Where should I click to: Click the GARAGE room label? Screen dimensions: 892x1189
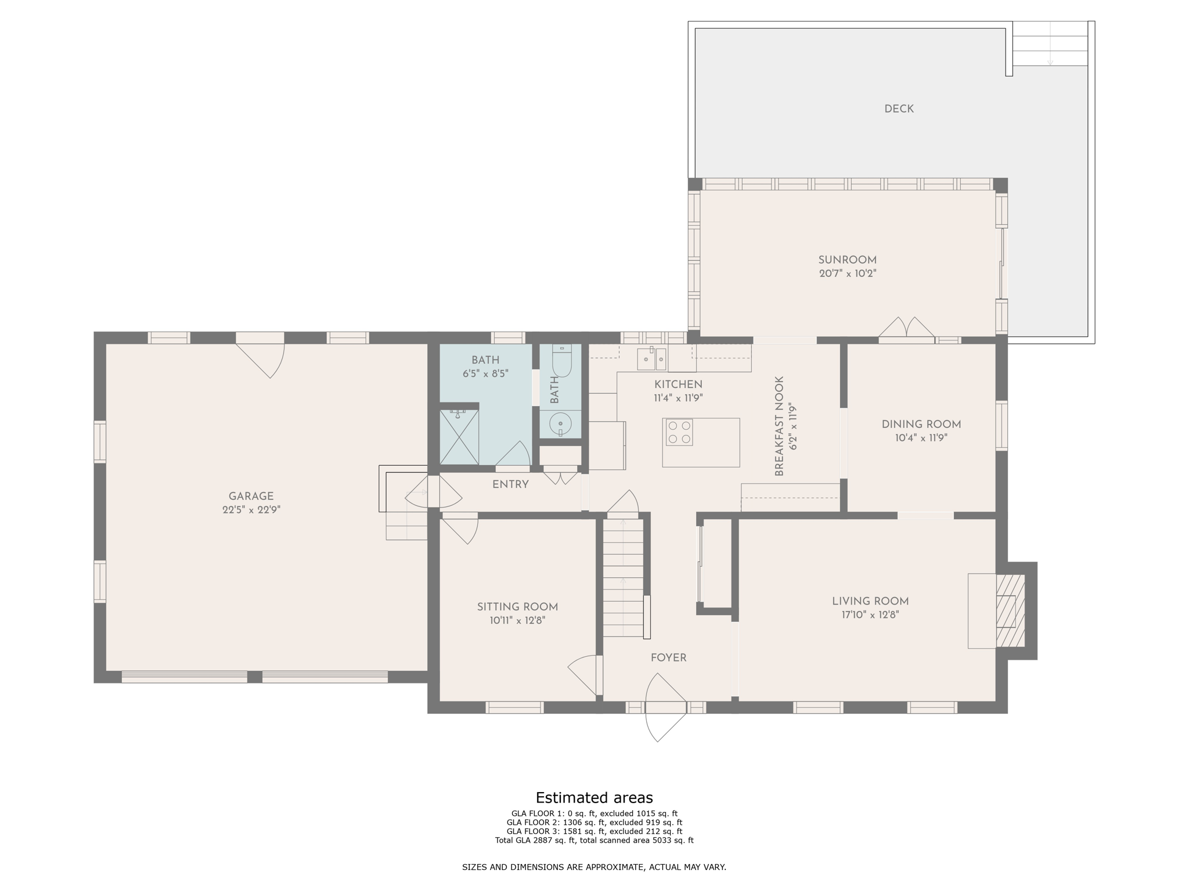[251, 497]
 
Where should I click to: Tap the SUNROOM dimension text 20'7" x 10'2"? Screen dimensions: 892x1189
[847, 274]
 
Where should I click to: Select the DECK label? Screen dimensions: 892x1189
[899, 109]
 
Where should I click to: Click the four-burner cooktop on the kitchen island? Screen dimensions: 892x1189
[679, 432]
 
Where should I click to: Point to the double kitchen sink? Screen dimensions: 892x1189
[651, 359]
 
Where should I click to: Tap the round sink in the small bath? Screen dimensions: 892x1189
[560, 424]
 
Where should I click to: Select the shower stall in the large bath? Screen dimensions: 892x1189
[459, 437]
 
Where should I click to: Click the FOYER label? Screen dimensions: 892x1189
[668, 658]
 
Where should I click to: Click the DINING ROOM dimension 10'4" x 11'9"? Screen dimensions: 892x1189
[921, 438]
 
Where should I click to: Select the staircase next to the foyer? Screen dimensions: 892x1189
[623, 578]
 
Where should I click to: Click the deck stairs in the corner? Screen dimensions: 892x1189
[1050, 44]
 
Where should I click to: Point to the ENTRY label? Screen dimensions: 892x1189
[510, 484]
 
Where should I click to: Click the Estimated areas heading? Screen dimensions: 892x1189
[594, 797]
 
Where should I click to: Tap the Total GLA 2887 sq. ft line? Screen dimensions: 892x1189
[594, 840]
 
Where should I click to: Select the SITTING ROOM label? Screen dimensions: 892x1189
[517, 607]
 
